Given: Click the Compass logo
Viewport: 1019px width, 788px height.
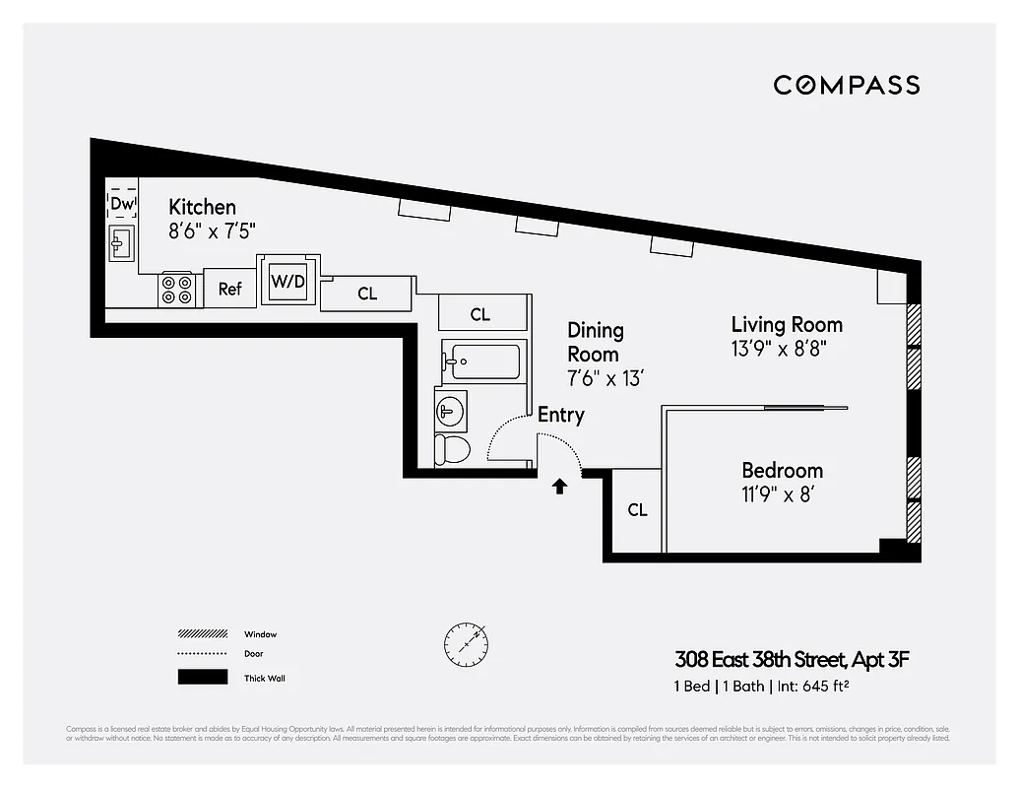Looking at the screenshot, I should [x=846, y=85].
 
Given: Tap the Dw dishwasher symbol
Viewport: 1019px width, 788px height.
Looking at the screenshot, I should [x=121, y=204].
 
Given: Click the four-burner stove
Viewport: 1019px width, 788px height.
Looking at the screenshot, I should [x=176, y=289].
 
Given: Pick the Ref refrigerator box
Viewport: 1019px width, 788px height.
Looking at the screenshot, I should [x=229, y=289].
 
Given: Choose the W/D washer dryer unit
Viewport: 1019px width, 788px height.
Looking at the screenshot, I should [x=288, y=282].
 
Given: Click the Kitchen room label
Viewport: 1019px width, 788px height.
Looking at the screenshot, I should [x=202, y=207].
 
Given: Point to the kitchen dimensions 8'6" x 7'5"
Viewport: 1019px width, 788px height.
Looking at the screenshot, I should [x=212, y=230].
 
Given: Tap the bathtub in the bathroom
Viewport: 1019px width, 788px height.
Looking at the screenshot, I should [x=481, y=361].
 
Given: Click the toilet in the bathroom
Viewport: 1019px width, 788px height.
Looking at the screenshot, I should [x=453, y=449].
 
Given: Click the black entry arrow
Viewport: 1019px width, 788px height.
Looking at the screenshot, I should [x=559, y=486].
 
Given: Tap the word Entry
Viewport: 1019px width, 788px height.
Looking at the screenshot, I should [x=560, y=415].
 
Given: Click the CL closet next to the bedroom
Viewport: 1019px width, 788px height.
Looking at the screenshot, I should [x=637, y=510].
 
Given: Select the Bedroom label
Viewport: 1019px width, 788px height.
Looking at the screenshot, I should [x=782, y=471].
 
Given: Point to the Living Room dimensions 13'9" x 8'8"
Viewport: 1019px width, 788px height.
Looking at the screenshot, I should [x=786, y=348].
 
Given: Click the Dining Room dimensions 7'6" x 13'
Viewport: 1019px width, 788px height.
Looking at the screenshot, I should [x=605, y=378].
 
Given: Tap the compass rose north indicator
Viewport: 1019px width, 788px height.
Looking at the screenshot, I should [x=465, y=642].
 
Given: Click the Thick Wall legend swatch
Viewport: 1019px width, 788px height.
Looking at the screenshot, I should [x=202, y=678].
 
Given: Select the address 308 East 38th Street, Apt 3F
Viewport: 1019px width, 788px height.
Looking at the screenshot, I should [x=791, y=659].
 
